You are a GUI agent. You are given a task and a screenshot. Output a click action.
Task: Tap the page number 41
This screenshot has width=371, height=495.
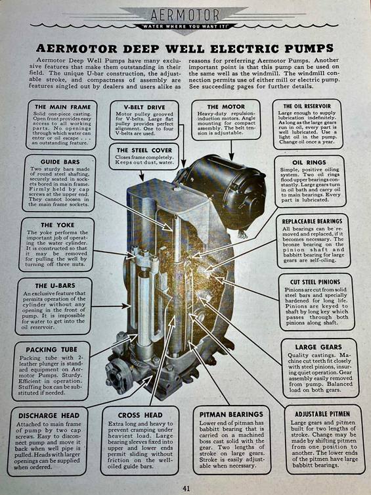point(186,488)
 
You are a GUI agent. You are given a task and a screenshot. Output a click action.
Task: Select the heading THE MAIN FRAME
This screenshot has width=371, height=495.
point(63,107)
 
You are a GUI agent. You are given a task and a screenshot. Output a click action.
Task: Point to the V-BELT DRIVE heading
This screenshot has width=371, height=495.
point(144,107)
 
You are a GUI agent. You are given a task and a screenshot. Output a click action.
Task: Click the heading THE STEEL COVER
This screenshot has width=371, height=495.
point(144,151)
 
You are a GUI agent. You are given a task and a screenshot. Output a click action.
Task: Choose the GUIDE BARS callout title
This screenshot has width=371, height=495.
point(60,162)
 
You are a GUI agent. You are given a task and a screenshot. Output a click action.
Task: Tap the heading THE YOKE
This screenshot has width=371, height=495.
point(57,225)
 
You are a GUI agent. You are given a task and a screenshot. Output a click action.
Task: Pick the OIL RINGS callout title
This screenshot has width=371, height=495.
point(309,162)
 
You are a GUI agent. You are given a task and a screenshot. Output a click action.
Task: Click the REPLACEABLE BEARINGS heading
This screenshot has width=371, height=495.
point(312,222)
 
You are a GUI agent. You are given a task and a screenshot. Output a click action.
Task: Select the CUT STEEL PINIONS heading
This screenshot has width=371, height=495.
point(315,282)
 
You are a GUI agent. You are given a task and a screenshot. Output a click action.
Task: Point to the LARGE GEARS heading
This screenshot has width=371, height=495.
point(318,347)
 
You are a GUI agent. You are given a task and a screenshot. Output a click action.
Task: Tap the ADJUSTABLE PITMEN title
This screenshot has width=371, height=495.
point(322,414)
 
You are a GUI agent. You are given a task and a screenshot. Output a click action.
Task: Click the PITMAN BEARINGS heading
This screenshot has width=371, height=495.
point(231,415)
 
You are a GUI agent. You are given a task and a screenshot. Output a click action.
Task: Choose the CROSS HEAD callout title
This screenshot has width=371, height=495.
point(141,415)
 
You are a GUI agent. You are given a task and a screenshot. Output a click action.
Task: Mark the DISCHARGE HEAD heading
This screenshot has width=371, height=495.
point(49,415)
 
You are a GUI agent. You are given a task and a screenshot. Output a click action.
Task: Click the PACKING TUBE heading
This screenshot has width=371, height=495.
point(51,350)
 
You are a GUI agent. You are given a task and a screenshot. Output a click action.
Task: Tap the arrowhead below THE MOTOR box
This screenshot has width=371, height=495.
point(231,156)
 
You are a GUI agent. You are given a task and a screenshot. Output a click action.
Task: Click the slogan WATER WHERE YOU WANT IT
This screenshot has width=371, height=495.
point(185,26)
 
